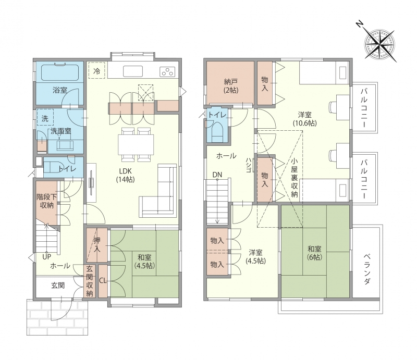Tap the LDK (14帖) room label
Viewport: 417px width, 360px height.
125,175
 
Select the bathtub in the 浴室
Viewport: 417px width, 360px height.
60,71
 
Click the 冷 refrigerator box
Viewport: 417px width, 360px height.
97,70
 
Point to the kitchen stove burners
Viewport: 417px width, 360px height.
167,71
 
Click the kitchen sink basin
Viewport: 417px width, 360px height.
133,71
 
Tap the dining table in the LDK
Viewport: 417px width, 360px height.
136,144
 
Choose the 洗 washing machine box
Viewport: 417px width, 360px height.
45,118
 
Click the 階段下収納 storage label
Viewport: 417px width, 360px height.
47,201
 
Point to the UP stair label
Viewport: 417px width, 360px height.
47,257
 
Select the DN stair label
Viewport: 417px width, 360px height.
217,175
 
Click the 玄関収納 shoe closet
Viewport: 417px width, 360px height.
89,281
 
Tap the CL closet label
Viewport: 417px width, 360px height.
103,280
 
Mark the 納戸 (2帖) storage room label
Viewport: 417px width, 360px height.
231,86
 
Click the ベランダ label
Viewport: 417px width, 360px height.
367,268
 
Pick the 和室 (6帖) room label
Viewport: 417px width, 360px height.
314,253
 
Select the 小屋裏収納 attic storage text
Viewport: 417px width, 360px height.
294,177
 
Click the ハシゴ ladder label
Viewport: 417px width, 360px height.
249,165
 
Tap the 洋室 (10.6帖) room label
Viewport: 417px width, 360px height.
305,119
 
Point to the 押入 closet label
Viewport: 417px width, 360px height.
97,245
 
